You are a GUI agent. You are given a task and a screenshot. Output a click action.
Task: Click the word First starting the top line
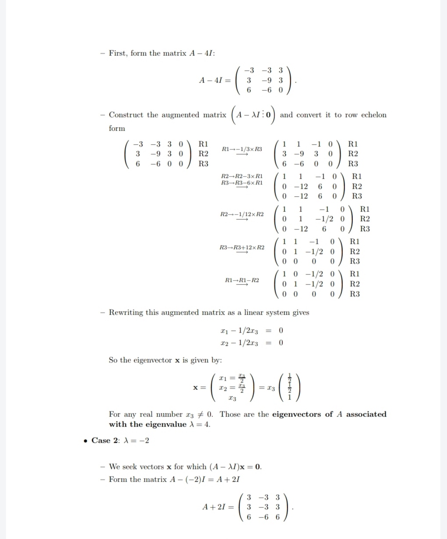118,53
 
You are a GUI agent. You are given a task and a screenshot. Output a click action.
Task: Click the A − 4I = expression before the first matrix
214,80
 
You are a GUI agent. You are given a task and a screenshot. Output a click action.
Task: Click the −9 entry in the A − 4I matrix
266,80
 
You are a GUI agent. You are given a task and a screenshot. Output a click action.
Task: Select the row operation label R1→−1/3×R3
242,150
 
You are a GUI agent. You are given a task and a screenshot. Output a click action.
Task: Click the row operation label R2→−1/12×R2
242,214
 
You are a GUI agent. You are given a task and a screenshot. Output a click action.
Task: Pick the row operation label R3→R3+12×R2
242,247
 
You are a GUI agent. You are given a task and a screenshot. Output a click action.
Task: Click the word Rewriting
126,313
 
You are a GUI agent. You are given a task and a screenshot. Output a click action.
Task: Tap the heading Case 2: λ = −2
120,440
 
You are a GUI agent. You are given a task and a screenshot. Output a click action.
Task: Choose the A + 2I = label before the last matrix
218,507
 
